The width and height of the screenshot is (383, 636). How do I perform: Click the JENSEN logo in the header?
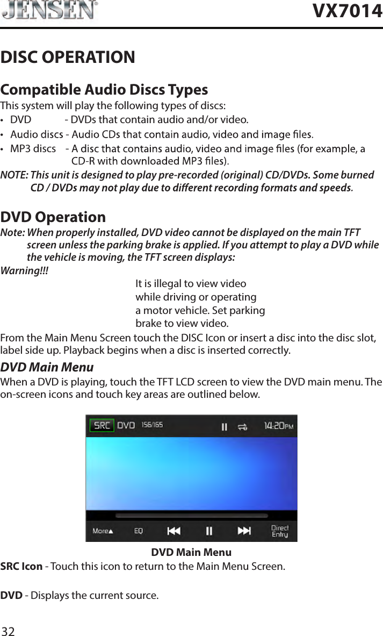point(49,11)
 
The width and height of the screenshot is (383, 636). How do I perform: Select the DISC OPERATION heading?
point(68,57)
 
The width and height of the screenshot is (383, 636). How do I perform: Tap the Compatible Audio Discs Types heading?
point(104,89)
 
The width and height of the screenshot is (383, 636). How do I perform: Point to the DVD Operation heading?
point(53,217)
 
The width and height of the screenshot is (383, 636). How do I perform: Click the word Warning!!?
point(24,270)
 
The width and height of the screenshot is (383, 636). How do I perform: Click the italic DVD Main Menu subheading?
point(47,368)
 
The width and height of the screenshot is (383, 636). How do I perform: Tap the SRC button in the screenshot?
point(102,425)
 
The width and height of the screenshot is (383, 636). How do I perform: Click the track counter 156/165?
point(152,425)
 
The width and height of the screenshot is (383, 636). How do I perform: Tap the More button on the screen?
point(103,531)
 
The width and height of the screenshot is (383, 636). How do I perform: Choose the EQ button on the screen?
point(139,531)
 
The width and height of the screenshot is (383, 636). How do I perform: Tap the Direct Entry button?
point(279,531)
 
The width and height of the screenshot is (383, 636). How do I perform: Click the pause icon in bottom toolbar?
point(209,531)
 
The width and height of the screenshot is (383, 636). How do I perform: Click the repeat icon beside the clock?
point(243,426)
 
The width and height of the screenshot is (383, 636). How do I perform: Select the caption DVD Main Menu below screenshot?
point(191,552)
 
